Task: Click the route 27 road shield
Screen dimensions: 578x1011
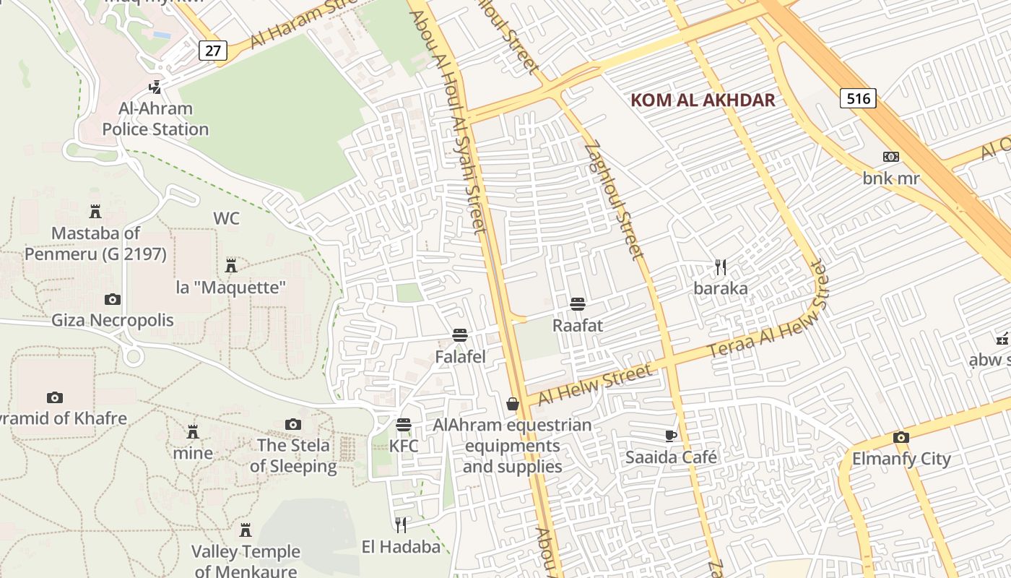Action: coord(213,51)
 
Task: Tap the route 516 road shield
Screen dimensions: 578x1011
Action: coord(858,98)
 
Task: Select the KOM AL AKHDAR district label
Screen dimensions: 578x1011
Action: coord(703,100)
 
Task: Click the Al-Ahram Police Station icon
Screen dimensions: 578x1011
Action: coord(155,87)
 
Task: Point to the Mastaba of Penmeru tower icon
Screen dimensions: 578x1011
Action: coord(95,212)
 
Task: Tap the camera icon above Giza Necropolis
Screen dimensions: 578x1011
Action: coord(113,299)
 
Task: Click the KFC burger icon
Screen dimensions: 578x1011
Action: coord(404,424)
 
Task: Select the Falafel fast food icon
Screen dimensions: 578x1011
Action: coord(460,335)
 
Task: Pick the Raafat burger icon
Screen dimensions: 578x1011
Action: coord(577,304)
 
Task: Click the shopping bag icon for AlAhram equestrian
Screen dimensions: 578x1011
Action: coord(513,404)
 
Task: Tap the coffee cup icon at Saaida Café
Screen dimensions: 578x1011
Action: coord(671,436)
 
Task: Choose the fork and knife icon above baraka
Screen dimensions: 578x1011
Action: coord(720,267)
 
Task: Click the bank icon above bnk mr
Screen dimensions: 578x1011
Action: coord(891,157)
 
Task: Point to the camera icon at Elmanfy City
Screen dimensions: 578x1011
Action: coord(901,437)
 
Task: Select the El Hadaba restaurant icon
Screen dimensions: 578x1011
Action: coord(401,525)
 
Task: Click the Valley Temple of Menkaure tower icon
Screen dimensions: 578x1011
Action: coord(246,530)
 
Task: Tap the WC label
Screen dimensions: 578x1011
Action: coord(226,218)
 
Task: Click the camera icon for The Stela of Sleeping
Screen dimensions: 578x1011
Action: coord(292,424)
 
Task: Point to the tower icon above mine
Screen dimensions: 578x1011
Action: coord(193,432)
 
